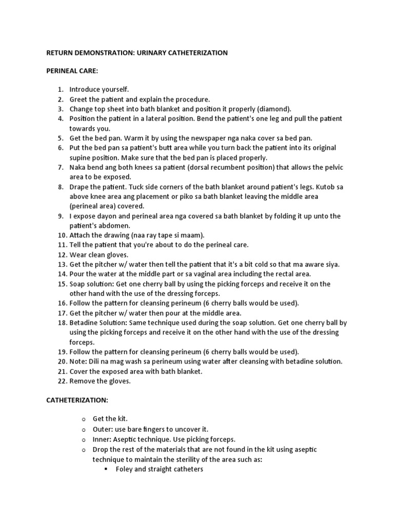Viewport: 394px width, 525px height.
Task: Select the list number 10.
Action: pos(62,235)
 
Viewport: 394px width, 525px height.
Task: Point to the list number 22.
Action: pos(62,381)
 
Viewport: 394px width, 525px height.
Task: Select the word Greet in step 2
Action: pos(78,99)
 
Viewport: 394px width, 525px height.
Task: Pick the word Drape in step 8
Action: pos(79,187)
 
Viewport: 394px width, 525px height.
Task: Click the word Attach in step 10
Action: pos(80,235)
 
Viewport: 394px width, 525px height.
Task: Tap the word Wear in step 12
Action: pos(78,255)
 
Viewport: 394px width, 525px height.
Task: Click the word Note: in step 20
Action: pos(78,361)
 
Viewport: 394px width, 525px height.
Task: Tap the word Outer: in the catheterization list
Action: pos(103,429)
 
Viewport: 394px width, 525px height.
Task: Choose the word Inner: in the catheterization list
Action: pos(103,439)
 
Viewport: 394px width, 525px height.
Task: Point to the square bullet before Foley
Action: pos(105,469)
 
